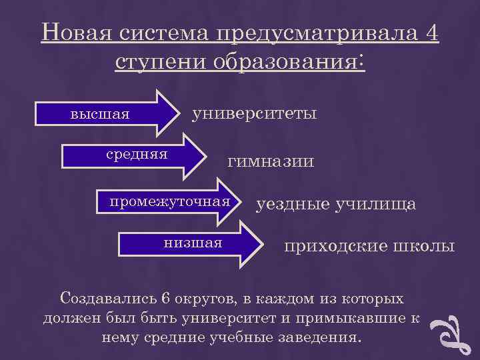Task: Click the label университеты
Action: (x=254, y=113)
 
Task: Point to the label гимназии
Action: (x=271, y=161)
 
